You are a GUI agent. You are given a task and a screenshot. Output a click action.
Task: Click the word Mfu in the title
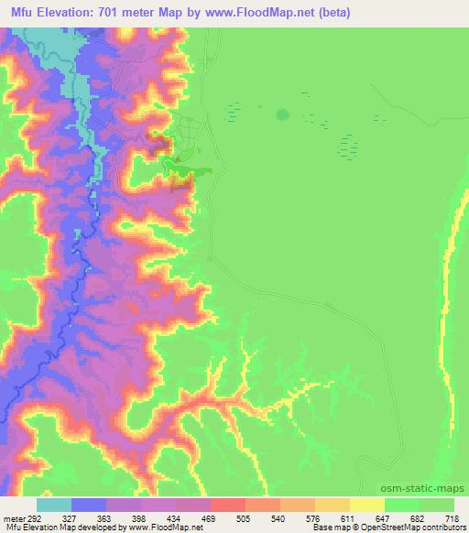(x=26, y=13)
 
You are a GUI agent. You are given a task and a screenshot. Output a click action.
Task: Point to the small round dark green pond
(x=281, y=114)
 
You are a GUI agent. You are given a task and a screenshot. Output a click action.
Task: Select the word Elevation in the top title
(x=77, y=13)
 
